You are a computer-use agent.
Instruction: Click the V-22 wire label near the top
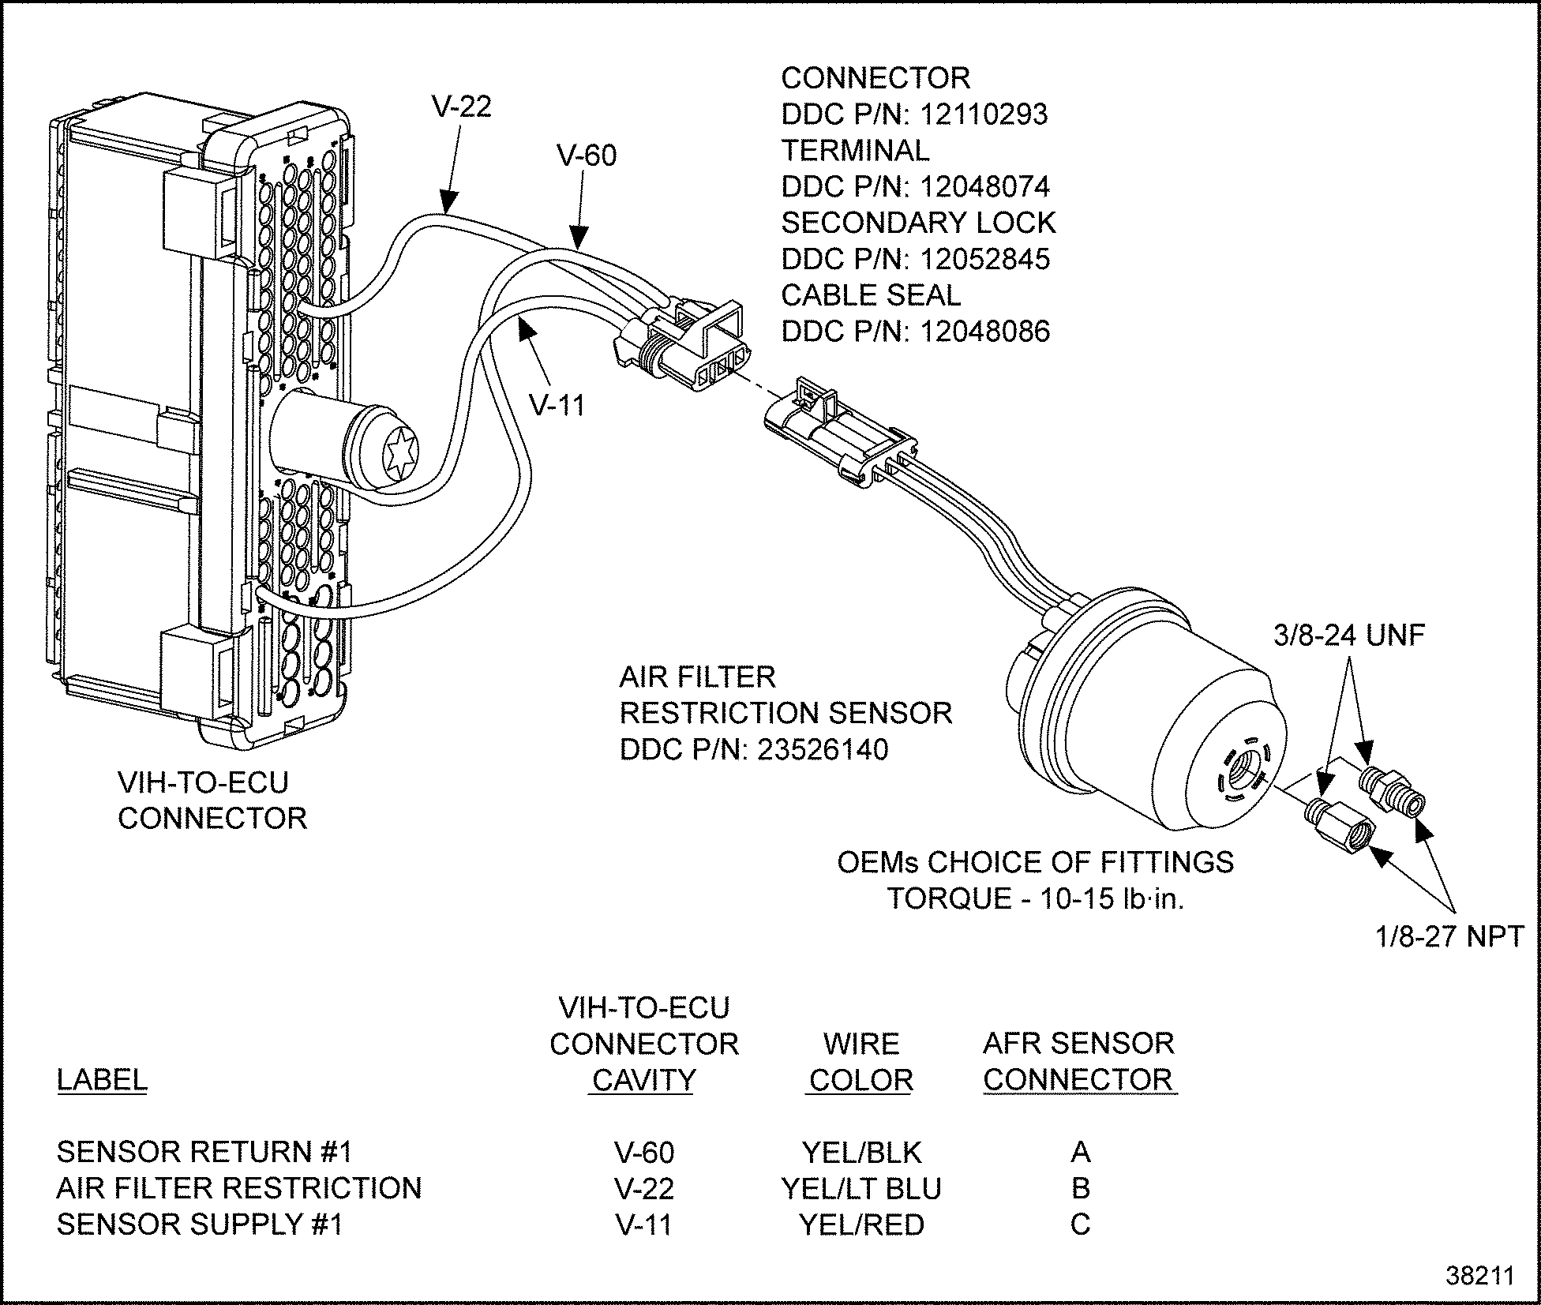462,107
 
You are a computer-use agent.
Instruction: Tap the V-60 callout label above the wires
587,156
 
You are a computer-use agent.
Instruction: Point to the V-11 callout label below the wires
557,405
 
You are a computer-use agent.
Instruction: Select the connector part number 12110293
984,114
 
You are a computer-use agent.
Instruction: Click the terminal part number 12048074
984,187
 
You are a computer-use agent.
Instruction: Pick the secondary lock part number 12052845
984,260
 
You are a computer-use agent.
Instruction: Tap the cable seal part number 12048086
984,332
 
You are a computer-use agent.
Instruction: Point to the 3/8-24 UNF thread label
1348,636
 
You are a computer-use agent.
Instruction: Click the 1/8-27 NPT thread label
1449,937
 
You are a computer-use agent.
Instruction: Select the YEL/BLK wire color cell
861,1153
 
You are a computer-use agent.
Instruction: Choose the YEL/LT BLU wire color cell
861,1188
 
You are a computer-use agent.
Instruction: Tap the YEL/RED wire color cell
861,1224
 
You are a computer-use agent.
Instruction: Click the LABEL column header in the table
102,1080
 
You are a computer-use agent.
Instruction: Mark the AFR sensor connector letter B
1080,1188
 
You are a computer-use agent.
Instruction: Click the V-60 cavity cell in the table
644,1153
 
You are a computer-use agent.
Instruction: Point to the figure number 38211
1480,1277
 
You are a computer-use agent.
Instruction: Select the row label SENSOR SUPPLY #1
200,1224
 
